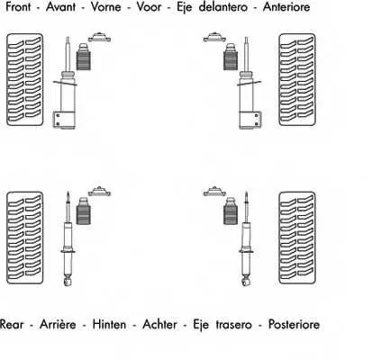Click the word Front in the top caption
point(18,7)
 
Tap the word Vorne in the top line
point(106,7)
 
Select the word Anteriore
point(286,7)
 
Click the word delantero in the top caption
point(223,7)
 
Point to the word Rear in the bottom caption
point(12,324)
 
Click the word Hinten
point(109,324)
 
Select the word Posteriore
point(294,324)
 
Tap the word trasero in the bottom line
point(233,324)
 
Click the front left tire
point(25,79)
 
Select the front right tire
point(297,79)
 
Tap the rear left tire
point(25,238)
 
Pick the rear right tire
point(297,238)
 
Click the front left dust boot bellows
point(84,57)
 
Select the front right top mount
point(214,37)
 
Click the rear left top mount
point(99,191)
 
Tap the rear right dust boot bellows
point(231,211)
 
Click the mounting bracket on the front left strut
point(64,120)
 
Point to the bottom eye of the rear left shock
point(68,282)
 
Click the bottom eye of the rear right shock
point(246,282)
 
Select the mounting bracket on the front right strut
point(250,121)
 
